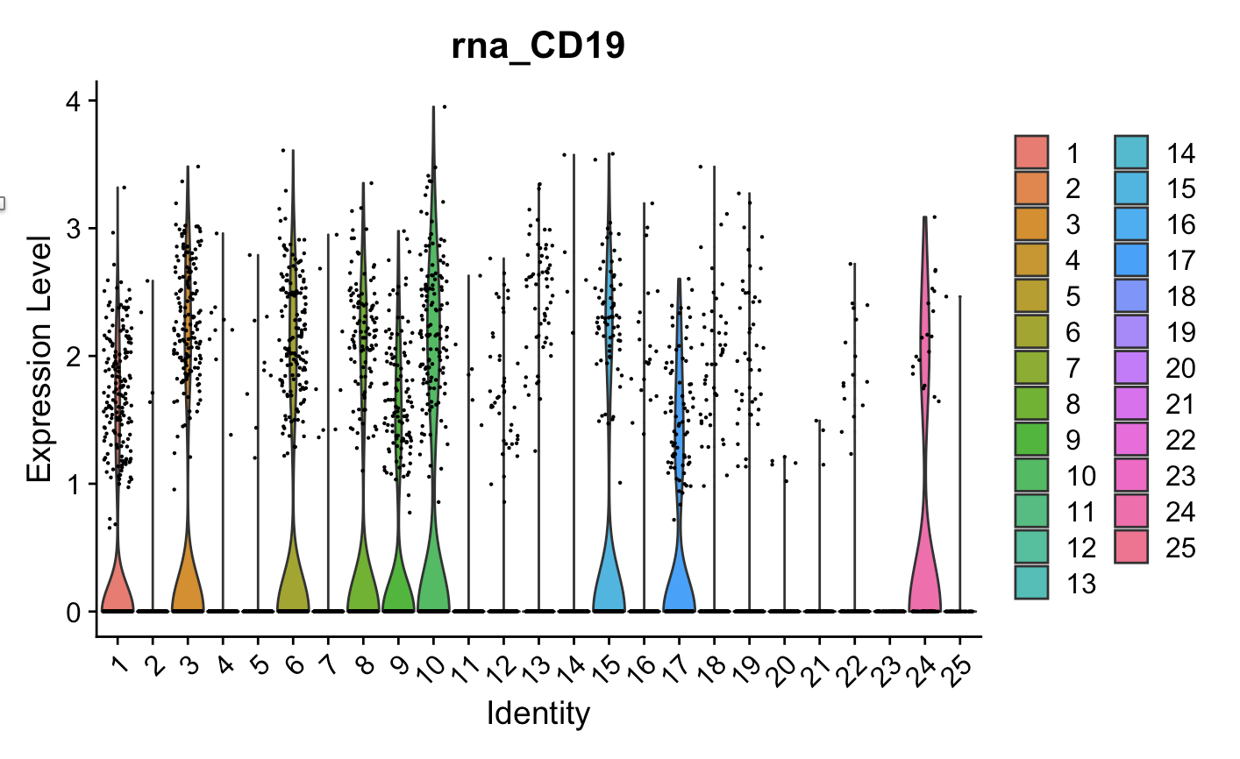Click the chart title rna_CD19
click(x=538, y=46)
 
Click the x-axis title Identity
click(x=538, y=713)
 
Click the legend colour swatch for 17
click(x=1130, y=260)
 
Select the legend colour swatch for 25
click(x=1130, y=548)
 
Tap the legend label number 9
click(x=1073, y=440)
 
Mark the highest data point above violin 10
click(x=445, y=107)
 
